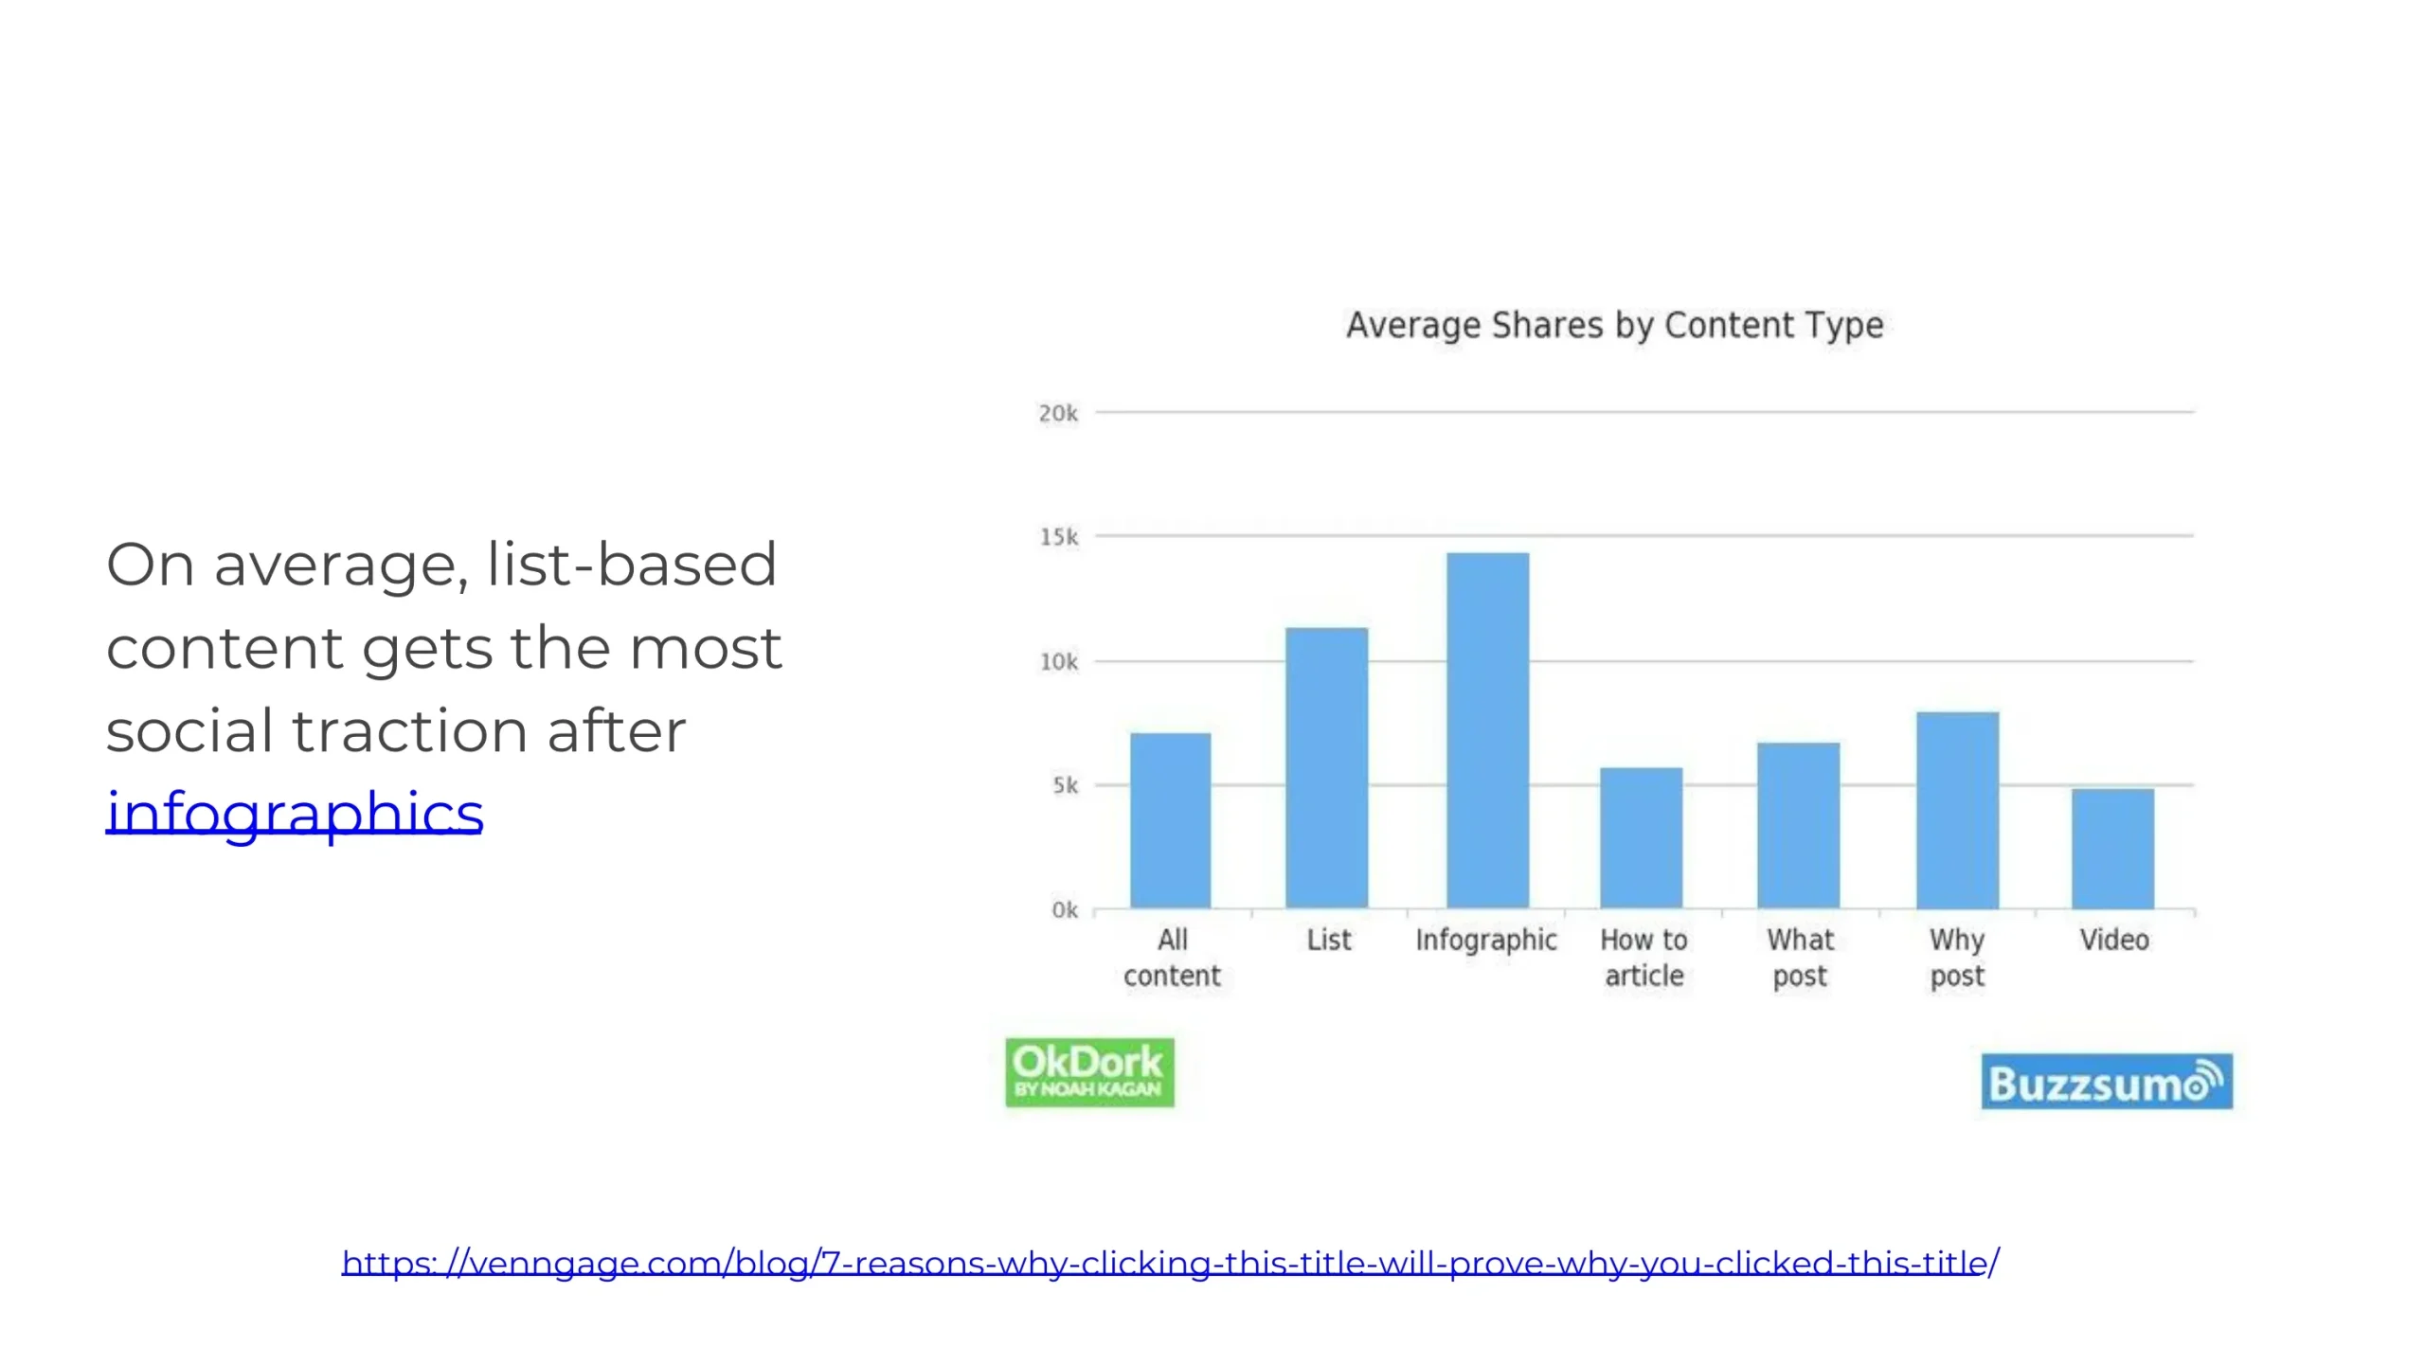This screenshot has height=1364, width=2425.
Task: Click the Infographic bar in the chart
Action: click(1487, 730)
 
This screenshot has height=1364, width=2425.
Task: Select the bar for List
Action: click(1326, 768)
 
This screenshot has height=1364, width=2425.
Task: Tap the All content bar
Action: click(1170, 820)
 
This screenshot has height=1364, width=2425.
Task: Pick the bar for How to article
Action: click(1642, 837)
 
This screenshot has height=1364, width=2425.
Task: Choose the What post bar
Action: click(1799, 825)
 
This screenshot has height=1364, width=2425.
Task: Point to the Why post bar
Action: click(1958, 810)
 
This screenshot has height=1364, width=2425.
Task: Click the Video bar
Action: click(2112, 849)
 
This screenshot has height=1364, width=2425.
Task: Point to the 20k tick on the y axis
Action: click(1058, 413)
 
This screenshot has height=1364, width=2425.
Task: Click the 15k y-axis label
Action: click(1059, 537)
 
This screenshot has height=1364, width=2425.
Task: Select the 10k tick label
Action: click(1059, 661)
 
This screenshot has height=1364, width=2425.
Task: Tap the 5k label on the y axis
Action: click(1066, 785)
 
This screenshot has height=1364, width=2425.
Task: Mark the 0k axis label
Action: click(1065, 909)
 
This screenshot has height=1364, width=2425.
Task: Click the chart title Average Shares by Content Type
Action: click(1615, 325)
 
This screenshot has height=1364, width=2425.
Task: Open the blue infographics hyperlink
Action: click(295, 813)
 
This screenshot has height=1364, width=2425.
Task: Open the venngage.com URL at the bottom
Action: click(1171, 1263)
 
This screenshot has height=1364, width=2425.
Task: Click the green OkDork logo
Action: click(1089, 1072)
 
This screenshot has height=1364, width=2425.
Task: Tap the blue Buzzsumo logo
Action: click(2107, 1081)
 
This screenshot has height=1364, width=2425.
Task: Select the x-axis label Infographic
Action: click(1486, 940)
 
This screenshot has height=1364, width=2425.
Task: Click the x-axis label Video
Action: click(2114, 940)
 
